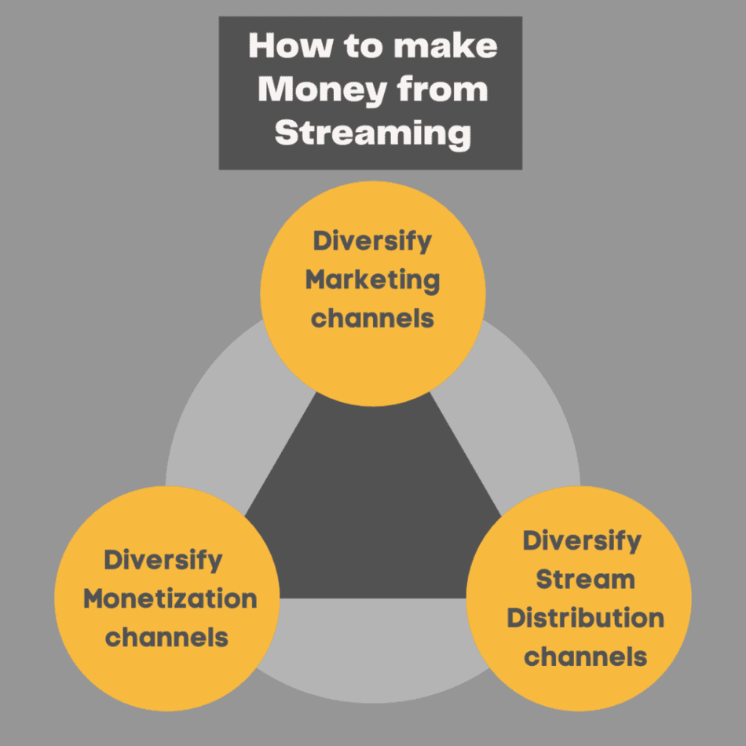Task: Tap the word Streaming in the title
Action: point(373,133)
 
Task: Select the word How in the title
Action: point(291,46)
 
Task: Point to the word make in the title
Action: point(445,46)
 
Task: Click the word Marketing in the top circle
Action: point(372,280)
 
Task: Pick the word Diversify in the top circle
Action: point(372,241)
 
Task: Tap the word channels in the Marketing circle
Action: point(372,318)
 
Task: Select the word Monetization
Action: point(170,598)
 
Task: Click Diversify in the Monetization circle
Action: point(163,561)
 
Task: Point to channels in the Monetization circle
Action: point(166,637)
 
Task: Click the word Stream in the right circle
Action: point(585,580)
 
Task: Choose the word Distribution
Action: point(585,618)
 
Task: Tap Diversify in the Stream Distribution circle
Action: point(582,541)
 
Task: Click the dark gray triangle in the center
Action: point(373,514)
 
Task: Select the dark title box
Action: point(371,93)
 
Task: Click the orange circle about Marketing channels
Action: point(373,294)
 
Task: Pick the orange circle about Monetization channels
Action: point(167,598)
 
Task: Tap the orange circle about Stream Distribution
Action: point(579,598)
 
